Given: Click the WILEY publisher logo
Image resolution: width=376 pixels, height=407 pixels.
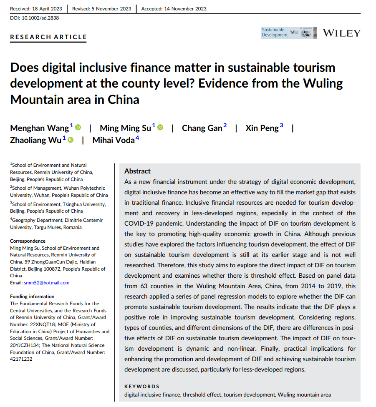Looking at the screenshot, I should pyautogui.click(x=341, y=33).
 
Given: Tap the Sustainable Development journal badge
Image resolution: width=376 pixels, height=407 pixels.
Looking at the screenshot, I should pyautogui.click(x=275, y=33).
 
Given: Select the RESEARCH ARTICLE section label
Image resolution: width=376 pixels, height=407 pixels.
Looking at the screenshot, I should pyautogui.click(x=48, y=37).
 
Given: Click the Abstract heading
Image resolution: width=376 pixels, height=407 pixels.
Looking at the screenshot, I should pyautogui.click(x=137, y=171).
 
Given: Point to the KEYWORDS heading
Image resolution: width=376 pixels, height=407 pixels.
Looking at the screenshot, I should pyautogui.click(x=142, y=387).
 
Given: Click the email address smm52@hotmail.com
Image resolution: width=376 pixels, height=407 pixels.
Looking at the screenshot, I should pyautogui.click(x=47, y=283).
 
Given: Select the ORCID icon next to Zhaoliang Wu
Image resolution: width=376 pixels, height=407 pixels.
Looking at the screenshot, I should pyautogui.click(x=70, y=140).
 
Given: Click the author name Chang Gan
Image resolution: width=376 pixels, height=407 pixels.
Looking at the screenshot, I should pyautogui.click(x=202, y=128).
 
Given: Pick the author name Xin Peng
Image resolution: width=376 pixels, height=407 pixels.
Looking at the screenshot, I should pyautogui.click(x=262, y=128).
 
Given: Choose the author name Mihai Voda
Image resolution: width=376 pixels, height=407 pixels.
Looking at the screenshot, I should pyautogui.click(x=114, y=141).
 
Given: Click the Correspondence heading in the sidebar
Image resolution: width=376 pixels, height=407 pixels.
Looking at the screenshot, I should pyautogui.click(x=28, y=241).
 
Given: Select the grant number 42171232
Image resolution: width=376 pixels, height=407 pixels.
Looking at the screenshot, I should pyautogui.click(x=21, y=359).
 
